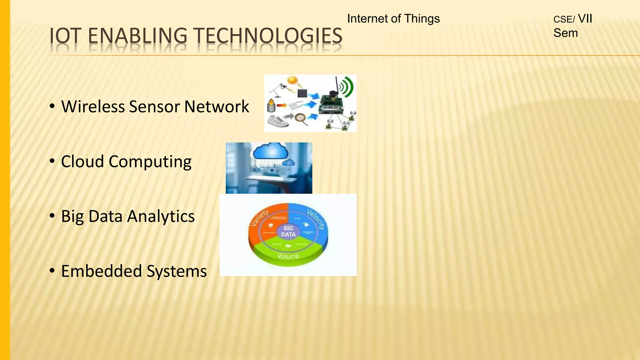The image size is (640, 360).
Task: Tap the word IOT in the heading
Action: (65, 36)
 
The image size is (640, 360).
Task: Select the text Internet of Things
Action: (393, 19)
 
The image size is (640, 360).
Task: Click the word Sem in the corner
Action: (565, 33)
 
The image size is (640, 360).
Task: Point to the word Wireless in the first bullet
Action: (93, 107)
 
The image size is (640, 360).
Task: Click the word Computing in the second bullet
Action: (150, 162)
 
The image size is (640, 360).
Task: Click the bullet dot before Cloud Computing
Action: (52, 161)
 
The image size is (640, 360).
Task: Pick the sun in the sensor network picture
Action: (292, 81)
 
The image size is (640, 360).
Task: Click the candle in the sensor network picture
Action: (271, 106)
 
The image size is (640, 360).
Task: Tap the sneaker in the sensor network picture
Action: (278, 121)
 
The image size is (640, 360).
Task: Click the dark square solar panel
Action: (302, 93)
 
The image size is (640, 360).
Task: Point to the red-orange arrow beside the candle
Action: (282, 106)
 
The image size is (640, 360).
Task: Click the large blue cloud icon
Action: (271, 152)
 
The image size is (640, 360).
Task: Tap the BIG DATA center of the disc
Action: (288, 232)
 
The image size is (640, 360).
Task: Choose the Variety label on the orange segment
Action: (260, 218)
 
